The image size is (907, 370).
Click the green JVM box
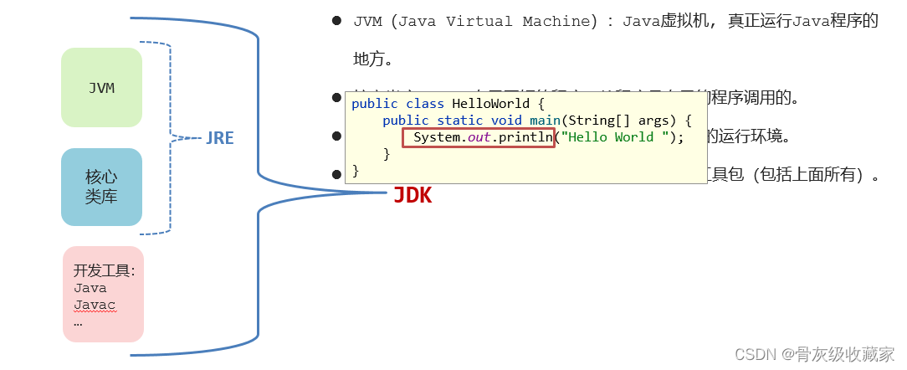[x=101, y=88]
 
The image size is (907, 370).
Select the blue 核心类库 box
[x=101, y=187]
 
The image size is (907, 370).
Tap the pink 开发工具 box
[x=103, y=294]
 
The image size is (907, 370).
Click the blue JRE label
[x=220, y=139]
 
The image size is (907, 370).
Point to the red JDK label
[x=413, y=196]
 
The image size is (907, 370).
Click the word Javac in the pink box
[x=94, y=305]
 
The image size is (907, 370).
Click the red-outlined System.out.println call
[x=479, y=137]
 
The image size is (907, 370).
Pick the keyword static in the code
[x=459, y=121]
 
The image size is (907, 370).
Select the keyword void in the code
[x=506, y=121]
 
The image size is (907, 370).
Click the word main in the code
[x=545, y=121]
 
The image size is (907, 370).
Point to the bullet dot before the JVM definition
[x=336, y=21]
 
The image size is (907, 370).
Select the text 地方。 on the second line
[x=373, y=59]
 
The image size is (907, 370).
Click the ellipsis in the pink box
[x=78, y=322]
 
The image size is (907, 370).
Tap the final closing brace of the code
[x=356, y=171]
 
